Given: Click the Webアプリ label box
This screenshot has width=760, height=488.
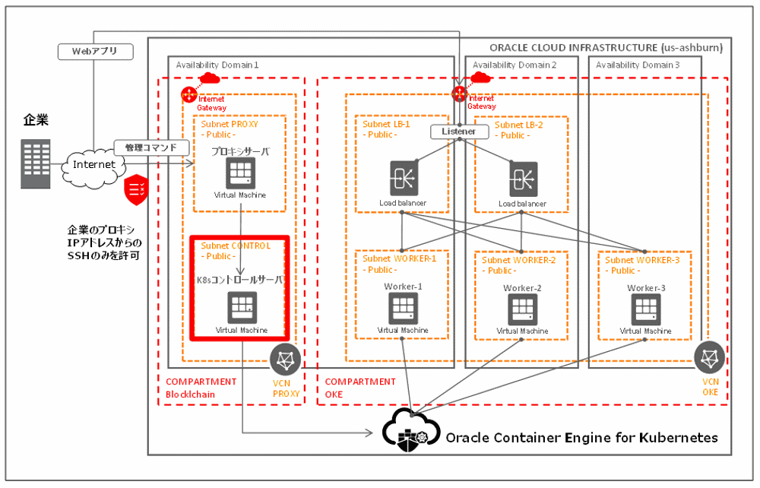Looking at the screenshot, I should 96,52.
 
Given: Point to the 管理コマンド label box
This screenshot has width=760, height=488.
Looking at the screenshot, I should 150,147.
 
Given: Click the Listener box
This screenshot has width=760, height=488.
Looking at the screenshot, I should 458,132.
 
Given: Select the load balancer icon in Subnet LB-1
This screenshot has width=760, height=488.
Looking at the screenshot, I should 403,178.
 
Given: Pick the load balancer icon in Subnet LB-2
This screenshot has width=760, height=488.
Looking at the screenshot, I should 522,178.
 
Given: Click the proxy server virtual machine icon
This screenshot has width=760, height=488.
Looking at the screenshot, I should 240,174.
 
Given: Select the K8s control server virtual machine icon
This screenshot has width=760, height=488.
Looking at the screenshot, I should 241,307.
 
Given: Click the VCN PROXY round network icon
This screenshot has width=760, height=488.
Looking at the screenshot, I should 286,359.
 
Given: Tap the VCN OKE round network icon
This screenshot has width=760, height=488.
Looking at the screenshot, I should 709,357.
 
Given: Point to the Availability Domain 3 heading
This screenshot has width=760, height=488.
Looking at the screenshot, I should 638,65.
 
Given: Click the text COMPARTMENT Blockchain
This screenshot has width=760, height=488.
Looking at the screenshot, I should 201,388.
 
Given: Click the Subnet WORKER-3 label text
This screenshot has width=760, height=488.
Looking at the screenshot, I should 643,260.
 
